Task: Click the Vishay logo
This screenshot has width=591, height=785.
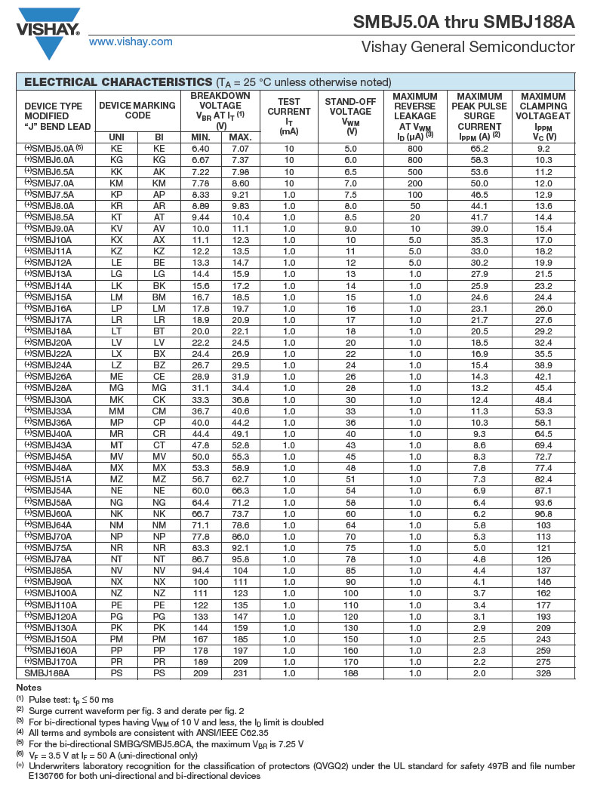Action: [x=48, y=32]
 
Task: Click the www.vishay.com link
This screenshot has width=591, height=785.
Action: [x=130, y=42]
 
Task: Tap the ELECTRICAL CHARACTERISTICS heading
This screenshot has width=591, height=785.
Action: [x=118, y=82]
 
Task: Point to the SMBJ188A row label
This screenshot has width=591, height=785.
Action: [x=47, y=673]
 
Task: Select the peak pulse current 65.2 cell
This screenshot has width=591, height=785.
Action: [x=479, y=149]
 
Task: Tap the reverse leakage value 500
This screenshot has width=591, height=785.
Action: [x=415, y=171]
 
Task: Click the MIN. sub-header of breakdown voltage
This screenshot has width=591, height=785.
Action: [x=201, y=137]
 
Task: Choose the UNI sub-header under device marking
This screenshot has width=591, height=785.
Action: [x=117, y=137]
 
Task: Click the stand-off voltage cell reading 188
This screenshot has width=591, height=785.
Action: [x=350, y=673]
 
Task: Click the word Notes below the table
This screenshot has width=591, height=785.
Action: [x=29, y=687]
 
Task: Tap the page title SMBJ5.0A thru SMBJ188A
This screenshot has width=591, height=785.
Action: [x=463, y=22]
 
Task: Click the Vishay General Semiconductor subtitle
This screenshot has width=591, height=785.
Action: [x=468, y=47]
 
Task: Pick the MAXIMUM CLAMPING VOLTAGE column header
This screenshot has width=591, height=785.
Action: [x=543, y=115]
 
